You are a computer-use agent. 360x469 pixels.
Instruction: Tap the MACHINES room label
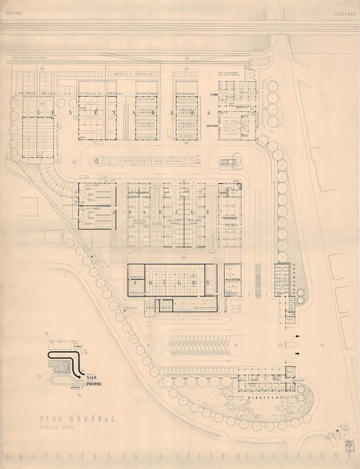pyautogui.click(x=232, y=279)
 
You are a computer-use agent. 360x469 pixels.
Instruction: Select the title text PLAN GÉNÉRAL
pyautogui.click(x=67, y=420)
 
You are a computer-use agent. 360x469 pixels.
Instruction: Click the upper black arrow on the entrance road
pyautogui.click(x=297, y=337)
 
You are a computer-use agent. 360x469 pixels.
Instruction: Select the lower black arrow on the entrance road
pyautogui.click(x=297, y=354)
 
